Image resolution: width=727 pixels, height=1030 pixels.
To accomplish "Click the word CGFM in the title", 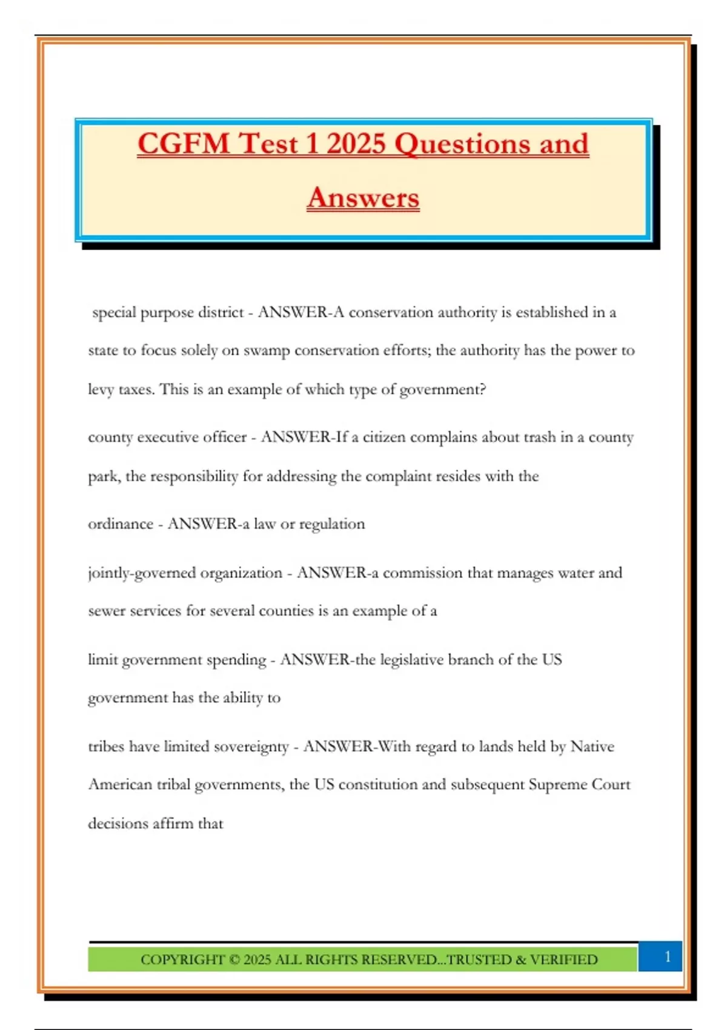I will point(184,144).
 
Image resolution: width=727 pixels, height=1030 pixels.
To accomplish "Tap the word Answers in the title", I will point(363,198).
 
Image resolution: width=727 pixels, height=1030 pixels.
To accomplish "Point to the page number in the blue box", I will point(667,957).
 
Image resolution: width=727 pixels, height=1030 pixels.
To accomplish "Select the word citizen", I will point(384,437).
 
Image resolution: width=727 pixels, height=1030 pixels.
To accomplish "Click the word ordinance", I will point(120,524).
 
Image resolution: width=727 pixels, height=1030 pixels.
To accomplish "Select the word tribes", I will point(106,746).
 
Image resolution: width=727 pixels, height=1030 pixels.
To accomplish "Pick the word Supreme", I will point(556,785).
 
